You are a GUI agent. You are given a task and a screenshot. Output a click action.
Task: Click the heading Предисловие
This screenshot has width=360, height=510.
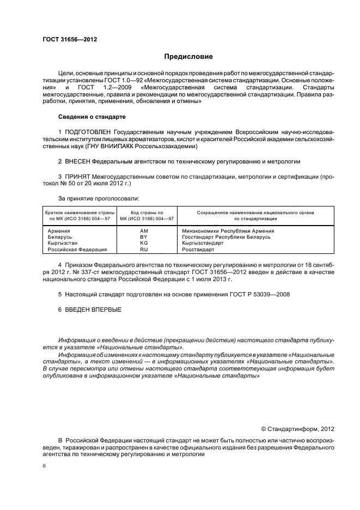[x=188, y=56]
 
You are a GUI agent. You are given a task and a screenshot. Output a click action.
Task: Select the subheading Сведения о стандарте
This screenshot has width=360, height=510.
[x=91, y=117]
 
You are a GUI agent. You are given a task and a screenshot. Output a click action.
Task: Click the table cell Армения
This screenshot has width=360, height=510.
[x=59, y=231]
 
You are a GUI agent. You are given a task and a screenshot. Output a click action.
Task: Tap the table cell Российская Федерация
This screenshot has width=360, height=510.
[x=77, y=249]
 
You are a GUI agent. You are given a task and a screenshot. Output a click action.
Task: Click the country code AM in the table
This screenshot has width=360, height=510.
[x=144, y=231]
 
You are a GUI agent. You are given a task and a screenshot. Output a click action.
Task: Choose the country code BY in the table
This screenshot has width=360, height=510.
[x=144, y=237]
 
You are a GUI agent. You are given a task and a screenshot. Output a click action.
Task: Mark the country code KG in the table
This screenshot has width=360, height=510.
[x=144, y=243]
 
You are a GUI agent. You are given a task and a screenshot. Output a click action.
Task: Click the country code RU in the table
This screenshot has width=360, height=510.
[x=144, y=249]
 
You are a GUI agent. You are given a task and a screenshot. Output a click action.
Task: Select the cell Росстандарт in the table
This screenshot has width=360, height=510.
[x=199, y=249]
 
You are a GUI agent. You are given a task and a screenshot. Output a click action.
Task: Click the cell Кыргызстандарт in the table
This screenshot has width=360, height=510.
[x=203, y=243]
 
